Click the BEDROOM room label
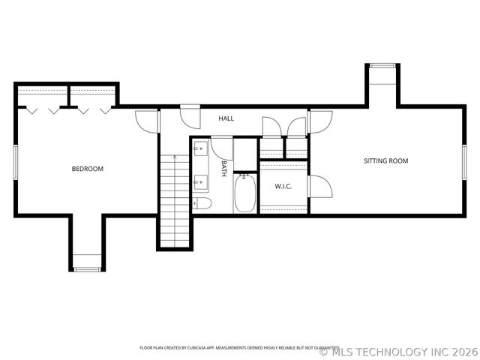[x=87, y=169]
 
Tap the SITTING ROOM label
[x=385, y=161]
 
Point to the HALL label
[x=226, y=118]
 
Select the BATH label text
[x=224, y=169]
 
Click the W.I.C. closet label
[x=283, y=186]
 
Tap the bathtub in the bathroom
[x=244, y=193]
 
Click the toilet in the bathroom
[x=202, y=203]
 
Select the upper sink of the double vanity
[x=200, y=148]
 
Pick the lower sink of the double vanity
[x=200, y=180]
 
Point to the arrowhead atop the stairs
[x=175, y=157]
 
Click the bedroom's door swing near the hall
[x=145, y=121]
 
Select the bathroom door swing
[x=220, y=145]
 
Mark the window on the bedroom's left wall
[x=15, y=162]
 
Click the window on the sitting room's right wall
[x=464, y=162]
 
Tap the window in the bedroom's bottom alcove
[x=87, y=268]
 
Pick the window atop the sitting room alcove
[x=382, y=66]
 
